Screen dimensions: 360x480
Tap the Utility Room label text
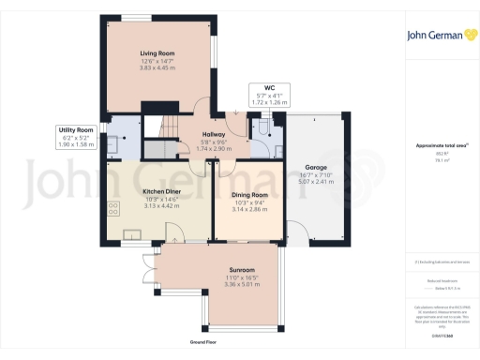tap(77, 128)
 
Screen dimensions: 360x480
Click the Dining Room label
tap(249, 194)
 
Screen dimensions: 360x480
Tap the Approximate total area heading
tap(441, 145)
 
